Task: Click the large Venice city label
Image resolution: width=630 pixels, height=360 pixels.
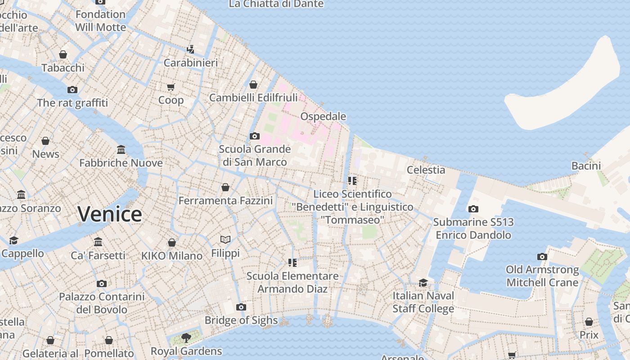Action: tap(110, 214)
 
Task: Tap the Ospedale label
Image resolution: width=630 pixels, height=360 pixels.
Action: tap(323, 117)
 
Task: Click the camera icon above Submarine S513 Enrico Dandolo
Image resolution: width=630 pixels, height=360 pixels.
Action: tap(473, 209)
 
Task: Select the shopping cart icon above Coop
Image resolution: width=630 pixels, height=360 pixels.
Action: tap(171, 87)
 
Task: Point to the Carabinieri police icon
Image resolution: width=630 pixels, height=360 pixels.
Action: tap(191, 49)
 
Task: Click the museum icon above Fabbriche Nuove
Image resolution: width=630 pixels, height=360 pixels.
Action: tap(121, 149)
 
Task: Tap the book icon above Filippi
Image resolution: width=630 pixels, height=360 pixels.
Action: tap(225, 239)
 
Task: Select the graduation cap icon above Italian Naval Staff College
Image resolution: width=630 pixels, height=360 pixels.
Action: tap(423, 283)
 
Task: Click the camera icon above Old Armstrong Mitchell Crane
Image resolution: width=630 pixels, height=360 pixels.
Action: tap(542, 256)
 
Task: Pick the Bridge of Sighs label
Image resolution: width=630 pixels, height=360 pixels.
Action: tap(241, 320)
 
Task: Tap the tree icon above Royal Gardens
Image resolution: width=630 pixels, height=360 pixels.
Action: tap(186, 337)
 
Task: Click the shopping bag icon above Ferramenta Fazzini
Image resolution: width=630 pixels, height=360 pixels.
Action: tap(225, 187)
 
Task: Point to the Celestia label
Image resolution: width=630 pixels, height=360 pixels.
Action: tap(426, 170)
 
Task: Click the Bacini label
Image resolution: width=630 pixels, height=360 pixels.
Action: tap(586, 166)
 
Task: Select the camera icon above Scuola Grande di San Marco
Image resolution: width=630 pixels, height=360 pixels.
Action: tap(255, 136)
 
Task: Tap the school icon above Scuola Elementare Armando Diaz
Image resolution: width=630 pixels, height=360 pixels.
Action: tap(292, 262)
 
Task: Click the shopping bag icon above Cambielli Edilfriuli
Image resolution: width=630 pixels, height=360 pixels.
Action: tap(253, 85)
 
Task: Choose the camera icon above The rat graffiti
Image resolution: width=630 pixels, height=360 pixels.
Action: tap(72, 90)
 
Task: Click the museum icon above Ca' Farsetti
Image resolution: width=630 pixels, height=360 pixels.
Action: tap(98, 242)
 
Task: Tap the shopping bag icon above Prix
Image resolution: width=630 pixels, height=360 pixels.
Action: tap(589, 322)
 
